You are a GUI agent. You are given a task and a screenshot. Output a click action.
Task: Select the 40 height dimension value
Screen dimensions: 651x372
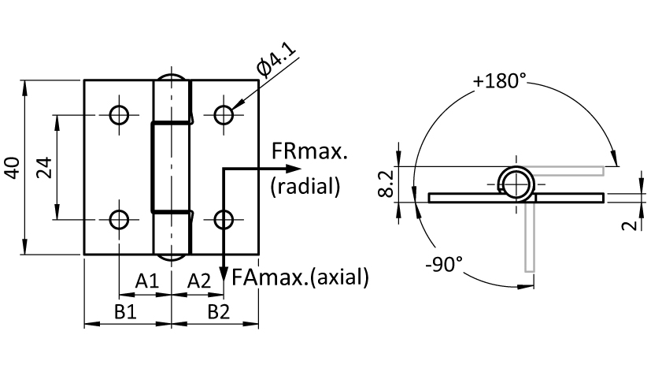pos(13,168)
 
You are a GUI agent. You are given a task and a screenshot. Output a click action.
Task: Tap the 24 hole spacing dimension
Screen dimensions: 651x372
pos(44,168)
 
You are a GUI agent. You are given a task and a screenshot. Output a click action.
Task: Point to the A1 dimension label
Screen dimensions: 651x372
pos(147,281)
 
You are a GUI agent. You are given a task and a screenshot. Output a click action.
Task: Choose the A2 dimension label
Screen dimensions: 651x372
pos(199,281)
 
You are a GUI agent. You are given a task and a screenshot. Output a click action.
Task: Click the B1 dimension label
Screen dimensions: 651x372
pos(125,311)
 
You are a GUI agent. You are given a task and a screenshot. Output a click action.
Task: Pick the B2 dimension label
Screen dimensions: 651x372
pos(219,311)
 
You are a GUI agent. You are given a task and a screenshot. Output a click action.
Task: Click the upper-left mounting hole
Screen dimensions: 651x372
pos(119,115)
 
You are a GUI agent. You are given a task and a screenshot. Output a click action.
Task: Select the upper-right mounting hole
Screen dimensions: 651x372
pos(224,115)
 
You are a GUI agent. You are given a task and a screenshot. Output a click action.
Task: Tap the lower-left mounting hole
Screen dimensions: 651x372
pos(119,219)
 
